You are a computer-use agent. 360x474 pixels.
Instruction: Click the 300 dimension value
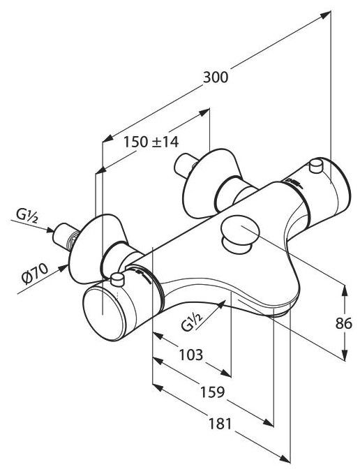click(216, 77)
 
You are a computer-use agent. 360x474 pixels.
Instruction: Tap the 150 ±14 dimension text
click(151, 142)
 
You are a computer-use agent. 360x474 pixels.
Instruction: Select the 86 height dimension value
click(344, 323)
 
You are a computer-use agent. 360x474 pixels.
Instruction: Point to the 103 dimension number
click(191, 355)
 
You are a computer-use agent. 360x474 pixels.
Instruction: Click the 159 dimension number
click(213, 392)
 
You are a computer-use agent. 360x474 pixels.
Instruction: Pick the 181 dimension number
click(220, 424)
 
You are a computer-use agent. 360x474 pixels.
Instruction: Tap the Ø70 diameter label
click(35, 273)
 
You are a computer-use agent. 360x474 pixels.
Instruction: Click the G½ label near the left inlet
click(27, 216)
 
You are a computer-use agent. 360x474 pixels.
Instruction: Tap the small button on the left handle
click(117, 279)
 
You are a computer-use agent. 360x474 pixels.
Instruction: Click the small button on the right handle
click(317, 165)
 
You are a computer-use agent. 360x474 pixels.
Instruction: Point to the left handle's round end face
click(104, 314)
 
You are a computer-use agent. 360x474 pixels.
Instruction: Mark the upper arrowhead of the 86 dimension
click(344, 291)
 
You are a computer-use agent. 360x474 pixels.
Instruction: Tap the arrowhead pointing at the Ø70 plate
click(63, 268)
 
